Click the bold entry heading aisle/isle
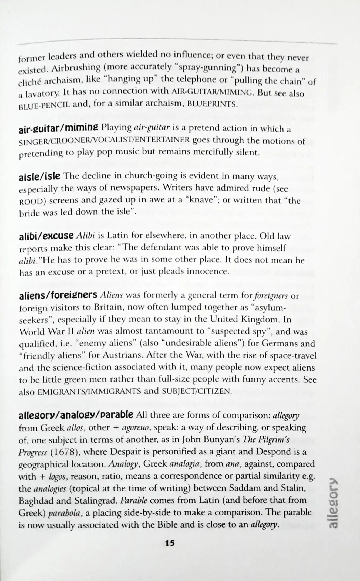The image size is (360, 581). (x=39, y=177)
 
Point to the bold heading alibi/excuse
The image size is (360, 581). (x=46, y=236)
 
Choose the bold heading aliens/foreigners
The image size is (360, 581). (x=58, y=296)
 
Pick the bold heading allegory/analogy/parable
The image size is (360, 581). (x=76, y=415)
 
